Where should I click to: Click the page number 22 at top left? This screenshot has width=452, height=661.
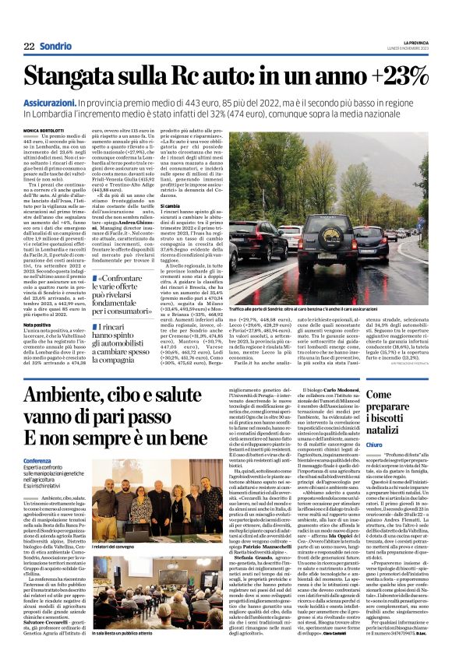(x=29, y=46)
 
